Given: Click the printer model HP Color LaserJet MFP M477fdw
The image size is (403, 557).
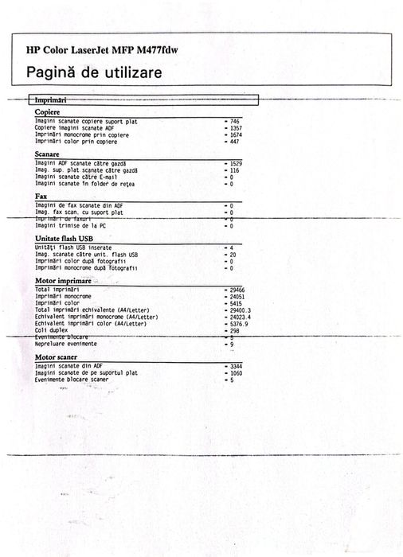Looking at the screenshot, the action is point(102,50).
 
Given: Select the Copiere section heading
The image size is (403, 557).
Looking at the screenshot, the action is point(48,113).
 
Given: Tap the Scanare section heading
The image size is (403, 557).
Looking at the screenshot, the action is point(48,154).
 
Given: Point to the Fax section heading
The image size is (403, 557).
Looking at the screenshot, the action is point(41,196).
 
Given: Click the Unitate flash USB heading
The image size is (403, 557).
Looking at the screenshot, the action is point(65,238).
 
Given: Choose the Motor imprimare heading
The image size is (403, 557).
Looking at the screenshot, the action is point(63,281).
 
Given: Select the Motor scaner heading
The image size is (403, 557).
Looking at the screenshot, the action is point(59,358).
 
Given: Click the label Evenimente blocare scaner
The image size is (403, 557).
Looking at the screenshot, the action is point(72,380).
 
